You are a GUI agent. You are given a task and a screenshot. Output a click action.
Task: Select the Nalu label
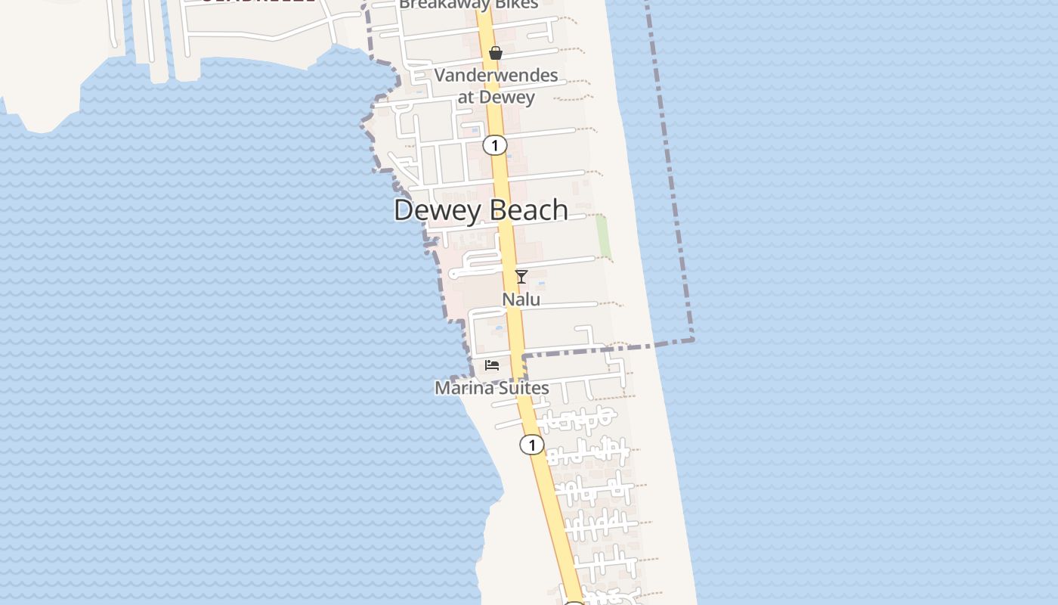[x=521, y=299]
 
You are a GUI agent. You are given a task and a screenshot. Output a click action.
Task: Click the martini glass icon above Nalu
[x=521, y=276]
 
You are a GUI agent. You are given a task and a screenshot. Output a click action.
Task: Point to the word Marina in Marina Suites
[x=460, y=388]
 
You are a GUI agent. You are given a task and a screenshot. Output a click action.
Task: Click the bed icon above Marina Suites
[x=492, y=365]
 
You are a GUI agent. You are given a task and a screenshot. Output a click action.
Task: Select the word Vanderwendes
[x=496, y=76]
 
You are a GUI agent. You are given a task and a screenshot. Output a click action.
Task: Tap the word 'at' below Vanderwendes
[x=466, y=97]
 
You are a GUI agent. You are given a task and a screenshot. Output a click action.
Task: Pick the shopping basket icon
[x=496, y=53]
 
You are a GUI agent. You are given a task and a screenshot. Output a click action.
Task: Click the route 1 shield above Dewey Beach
[x=494, y=145]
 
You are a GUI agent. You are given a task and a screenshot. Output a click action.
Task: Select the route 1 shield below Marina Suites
[x=531, y=445]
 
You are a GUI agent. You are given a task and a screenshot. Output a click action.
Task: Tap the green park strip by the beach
[x=602, y=237]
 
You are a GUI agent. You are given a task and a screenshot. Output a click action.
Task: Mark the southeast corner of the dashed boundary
[x=691, y=340]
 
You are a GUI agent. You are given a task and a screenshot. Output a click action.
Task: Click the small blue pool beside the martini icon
[x=541, y=284]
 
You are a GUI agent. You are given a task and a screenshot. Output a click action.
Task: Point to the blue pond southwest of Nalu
[x=498, y=329]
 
